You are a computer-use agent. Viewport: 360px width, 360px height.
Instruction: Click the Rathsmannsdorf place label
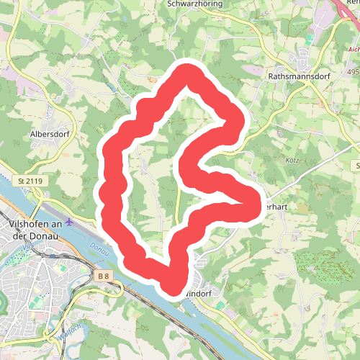pyautogui.click(x=299, y=74)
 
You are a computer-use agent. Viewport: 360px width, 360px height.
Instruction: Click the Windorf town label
pyautogui.click(x=199, y=294)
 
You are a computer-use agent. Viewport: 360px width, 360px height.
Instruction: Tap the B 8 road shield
pyautogui.click(x=104, y=275)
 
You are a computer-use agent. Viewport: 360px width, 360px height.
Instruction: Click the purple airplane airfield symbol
pyautogui.click(x=69, y=221)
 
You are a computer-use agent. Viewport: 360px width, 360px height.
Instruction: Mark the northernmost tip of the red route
pyautogui.click(x=189, y=71)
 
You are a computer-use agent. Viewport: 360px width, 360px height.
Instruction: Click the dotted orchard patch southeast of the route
pyautogui.click(x=317, y=264)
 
